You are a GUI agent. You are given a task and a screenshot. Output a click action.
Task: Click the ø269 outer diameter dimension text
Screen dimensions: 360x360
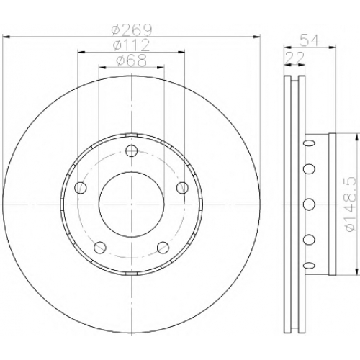tap(132, 30)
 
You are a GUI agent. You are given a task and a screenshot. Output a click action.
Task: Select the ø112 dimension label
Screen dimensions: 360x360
tap(132, 45)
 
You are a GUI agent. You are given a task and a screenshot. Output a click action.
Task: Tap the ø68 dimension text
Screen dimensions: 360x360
tap(132, 60)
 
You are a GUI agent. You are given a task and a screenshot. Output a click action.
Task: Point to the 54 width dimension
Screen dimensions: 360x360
tap(310, 40)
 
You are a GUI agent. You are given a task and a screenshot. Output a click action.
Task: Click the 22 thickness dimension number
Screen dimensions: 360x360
tap(294, 58)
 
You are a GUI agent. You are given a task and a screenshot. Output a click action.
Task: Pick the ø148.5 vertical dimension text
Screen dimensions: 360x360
tap(351, 204)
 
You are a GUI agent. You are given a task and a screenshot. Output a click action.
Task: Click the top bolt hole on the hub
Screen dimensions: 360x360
tap(132, 150)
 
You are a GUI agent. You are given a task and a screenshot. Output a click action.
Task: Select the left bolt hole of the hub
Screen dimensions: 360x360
tap(81, 188)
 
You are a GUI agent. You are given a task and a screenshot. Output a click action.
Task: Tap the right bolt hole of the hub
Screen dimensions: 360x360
tap(182, 188)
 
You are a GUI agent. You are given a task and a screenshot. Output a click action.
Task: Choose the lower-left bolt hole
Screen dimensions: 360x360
tap(100, 247)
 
